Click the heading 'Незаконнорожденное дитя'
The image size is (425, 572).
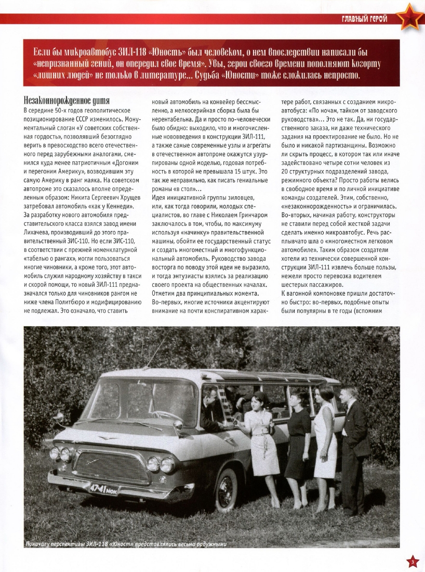click(x=65, y=100)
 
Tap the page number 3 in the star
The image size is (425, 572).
click(x=412, y=561)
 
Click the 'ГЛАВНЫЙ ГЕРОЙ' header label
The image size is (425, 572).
click(x=364, y=19)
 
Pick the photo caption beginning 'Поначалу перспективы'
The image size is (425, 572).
click(x=127, y=544)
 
